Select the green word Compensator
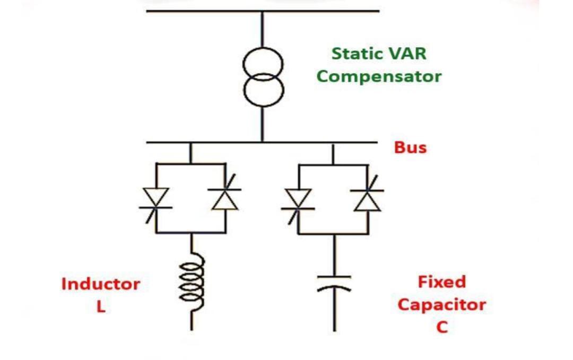pos(379,76)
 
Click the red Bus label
pos(410,147)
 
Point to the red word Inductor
pos(101,284)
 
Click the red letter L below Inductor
pos(101,307)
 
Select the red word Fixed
pos(441,282)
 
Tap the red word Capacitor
pos(441,305)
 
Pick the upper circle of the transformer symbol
pos(262,64)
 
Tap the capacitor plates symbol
pos(334,283)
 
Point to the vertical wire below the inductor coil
pos(192,321)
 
